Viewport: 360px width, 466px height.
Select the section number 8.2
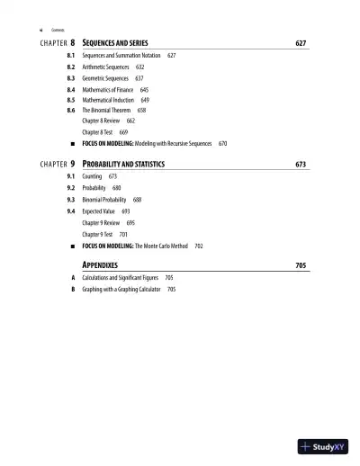[x=71, y=67]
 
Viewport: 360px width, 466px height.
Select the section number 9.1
[x=71, y=176]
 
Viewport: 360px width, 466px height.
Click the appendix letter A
[x=72, y=278]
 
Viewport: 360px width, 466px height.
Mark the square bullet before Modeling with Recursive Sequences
[x=71, y=143]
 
